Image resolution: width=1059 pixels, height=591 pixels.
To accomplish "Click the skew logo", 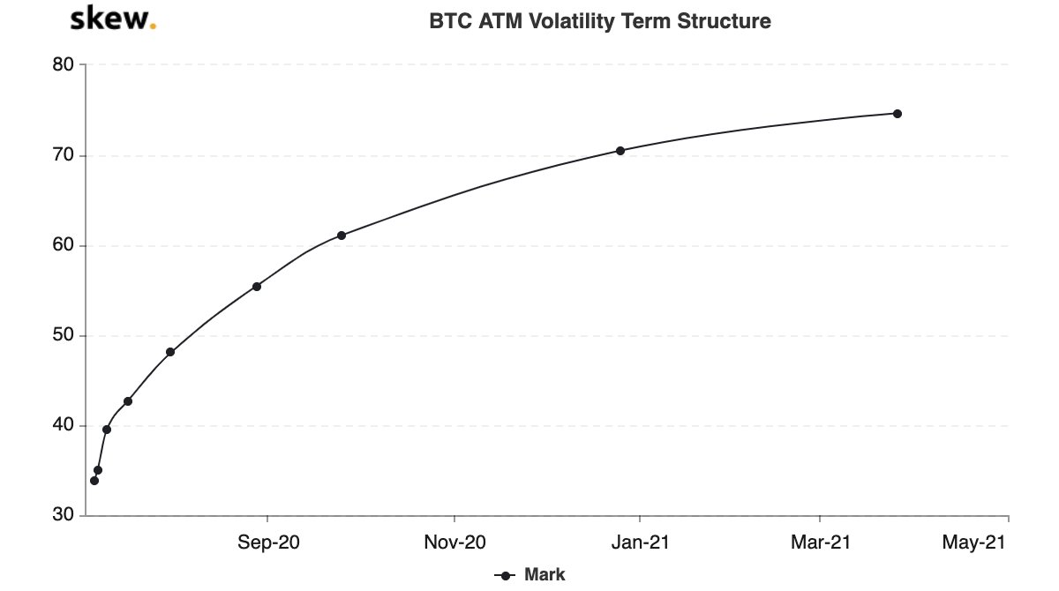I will [x=112, y=19].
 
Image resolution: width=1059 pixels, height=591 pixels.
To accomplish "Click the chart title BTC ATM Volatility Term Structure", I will [x=600, y=21].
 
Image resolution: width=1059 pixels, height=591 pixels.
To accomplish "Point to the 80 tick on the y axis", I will [x=64, y=65].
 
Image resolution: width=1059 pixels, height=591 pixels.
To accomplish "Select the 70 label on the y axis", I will [x=64, y=156].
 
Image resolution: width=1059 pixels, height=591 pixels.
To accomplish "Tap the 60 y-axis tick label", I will [x=64, y=246].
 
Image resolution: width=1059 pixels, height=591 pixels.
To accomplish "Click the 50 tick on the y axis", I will [x=64, y=336].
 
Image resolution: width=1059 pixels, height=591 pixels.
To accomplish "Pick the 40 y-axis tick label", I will [x=64, y=426].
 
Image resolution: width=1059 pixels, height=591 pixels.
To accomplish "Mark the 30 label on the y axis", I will [x=64, y=516].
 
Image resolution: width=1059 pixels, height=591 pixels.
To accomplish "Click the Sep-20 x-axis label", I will [x=268, y=543].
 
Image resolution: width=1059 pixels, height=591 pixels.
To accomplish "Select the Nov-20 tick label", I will [x=454, y=543].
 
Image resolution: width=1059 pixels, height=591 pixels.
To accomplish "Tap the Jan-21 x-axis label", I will [x=640, y=543].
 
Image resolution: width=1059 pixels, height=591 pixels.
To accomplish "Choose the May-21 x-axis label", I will [x=973, y=543].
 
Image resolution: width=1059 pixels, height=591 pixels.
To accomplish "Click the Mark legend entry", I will [x=531, y=575].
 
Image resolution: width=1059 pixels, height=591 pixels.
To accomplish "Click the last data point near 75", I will [x=897, y=114].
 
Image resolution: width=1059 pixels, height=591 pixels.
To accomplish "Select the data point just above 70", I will [x=620, y=151].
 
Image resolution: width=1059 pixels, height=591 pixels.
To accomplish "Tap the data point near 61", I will [x=342, y=236].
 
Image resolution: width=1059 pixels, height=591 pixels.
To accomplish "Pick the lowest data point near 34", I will [x=94, y=481].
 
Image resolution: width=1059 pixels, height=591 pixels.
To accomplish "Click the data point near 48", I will [x=170, y=352].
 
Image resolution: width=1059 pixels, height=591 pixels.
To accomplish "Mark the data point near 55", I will [x=257, y=287].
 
